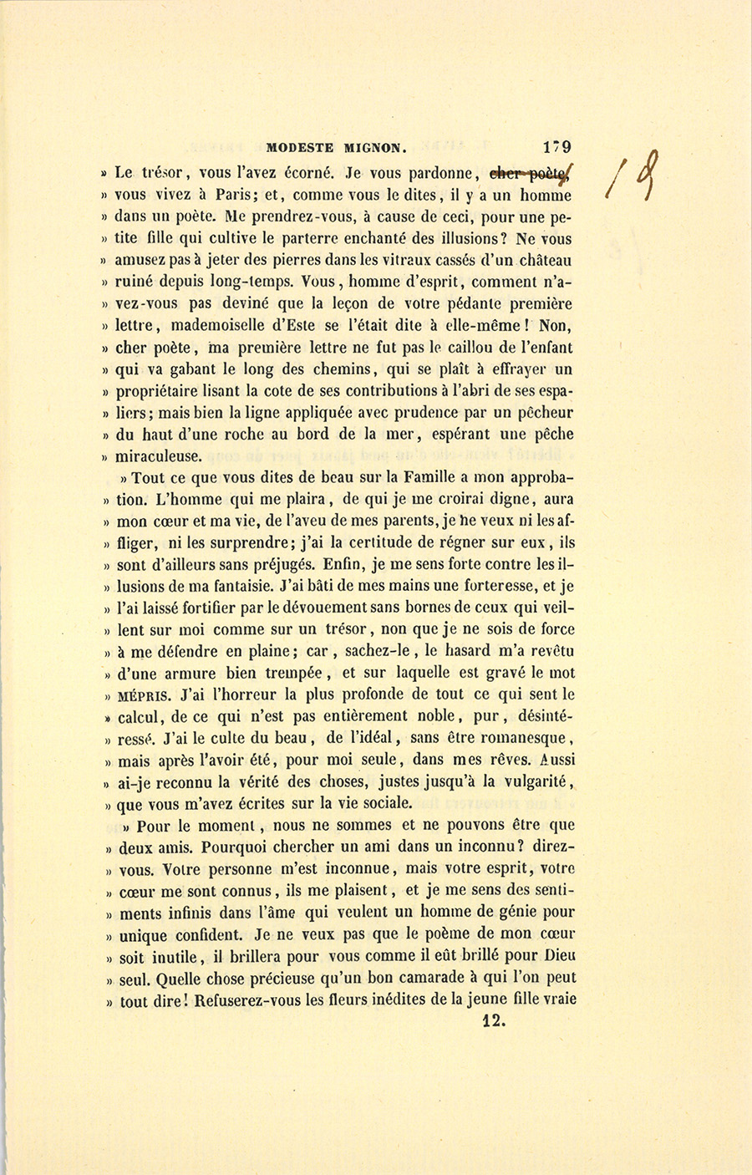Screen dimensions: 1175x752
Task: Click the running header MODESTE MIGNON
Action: (x=336, y=149)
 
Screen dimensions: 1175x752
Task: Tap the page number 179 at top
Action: (x=556, y=147)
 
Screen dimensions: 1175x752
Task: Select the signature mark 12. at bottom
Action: (x=495, y=1020)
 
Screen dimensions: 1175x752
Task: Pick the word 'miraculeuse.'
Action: (x=159, y=456)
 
